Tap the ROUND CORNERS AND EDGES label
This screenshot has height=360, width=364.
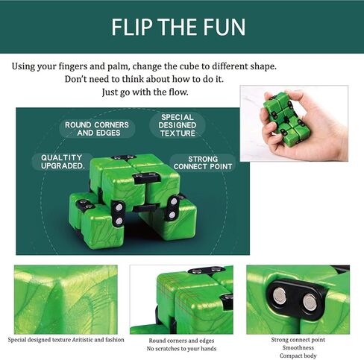pos(97,129)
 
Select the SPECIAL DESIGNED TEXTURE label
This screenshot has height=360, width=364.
pos(178,124)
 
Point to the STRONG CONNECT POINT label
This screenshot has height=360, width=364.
pos(202,162)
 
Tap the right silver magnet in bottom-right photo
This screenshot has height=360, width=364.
pos(310,302)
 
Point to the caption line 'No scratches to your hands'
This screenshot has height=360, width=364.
pos(181,348)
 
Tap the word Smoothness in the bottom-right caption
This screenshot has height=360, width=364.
pos(298,347)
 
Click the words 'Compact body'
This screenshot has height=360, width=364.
pos(298,356)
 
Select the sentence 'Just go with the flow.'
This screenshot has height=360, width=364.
pos(145,92)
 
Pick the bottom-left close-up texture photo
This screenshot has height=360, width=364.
pos(65,299)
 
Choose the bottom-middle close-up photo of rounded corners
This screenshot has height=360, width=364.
pos(181,299)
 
